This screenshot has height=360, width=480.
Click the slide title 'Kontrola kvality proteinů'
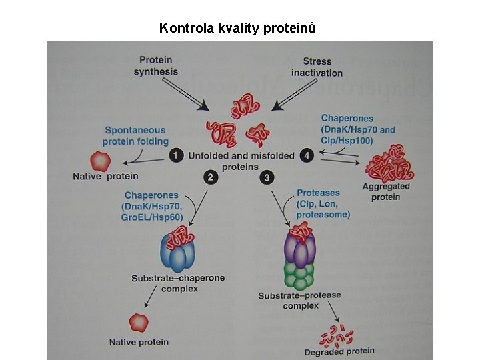click(x=237, y=28)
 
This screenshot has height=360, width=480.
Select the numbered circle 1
click(x=175, y=155)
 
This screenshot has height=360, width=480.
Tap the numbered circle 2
click(x=210, y=177)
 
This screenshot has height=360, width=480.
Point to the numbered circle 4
click(x=307, y=155)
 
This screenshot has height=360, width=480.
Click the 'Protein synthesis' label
click(x=156, y=66)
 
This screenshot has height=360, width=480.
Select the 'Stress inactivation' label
click(x=317, y=67)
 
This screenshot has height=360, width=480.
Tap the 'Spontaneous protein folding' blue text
click(x=135, y=135)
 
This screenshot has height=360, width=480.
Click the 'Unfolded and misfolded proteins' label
click(x=241, y=161)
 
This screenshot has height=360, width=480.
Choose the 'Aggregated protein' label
click(x=386, y=191)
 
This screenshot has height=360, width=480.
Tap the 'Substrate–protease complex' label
click(x=300, y=300)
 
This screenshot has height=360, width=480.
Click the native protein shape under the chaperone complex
click(x=138, y=323)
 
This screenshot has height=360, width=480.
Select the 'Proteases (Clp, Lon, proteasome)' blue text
click(x=323, y=203)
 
